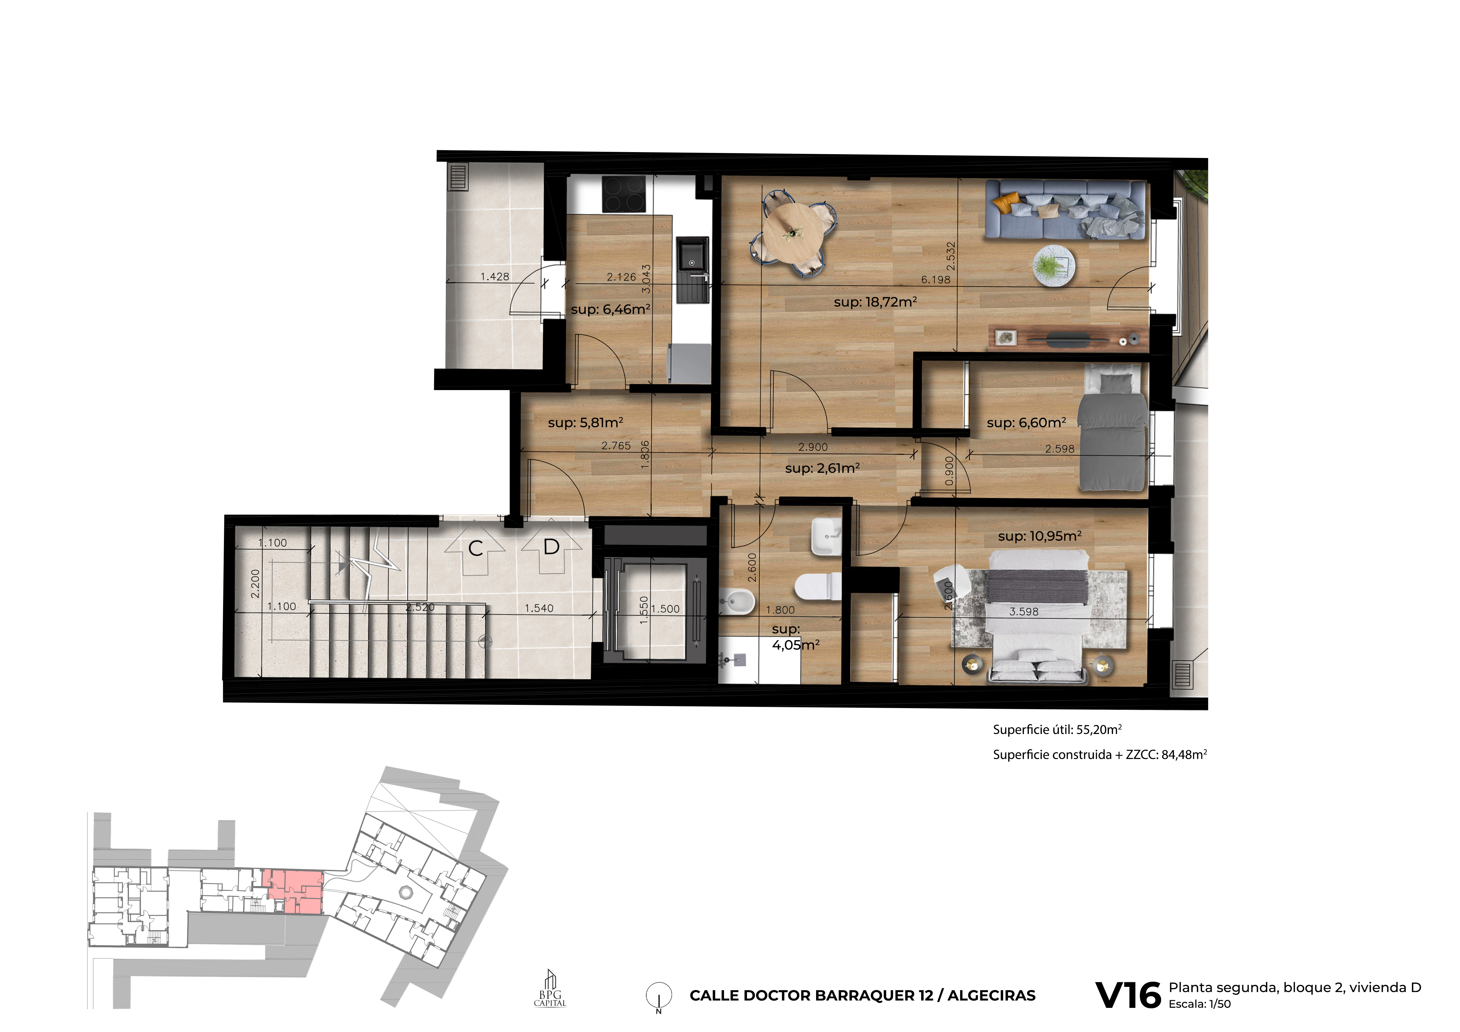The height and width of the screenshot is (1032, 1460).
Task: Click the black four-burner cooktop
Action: coord(624,194)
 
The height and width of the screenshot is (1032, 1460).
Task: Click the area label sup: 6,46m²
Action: coord(610,309)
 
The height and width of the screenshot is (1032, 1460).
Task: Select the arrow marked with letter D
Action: coord(551,547)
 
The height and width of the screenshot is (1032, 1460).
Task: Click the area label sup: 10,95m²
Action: coord(1040,536)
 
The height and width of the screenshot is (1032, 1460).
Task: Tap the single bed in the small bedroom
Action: coord(1113,432)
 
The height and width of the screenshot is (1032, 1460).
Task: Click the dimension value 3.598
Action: coord(1024,612)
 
